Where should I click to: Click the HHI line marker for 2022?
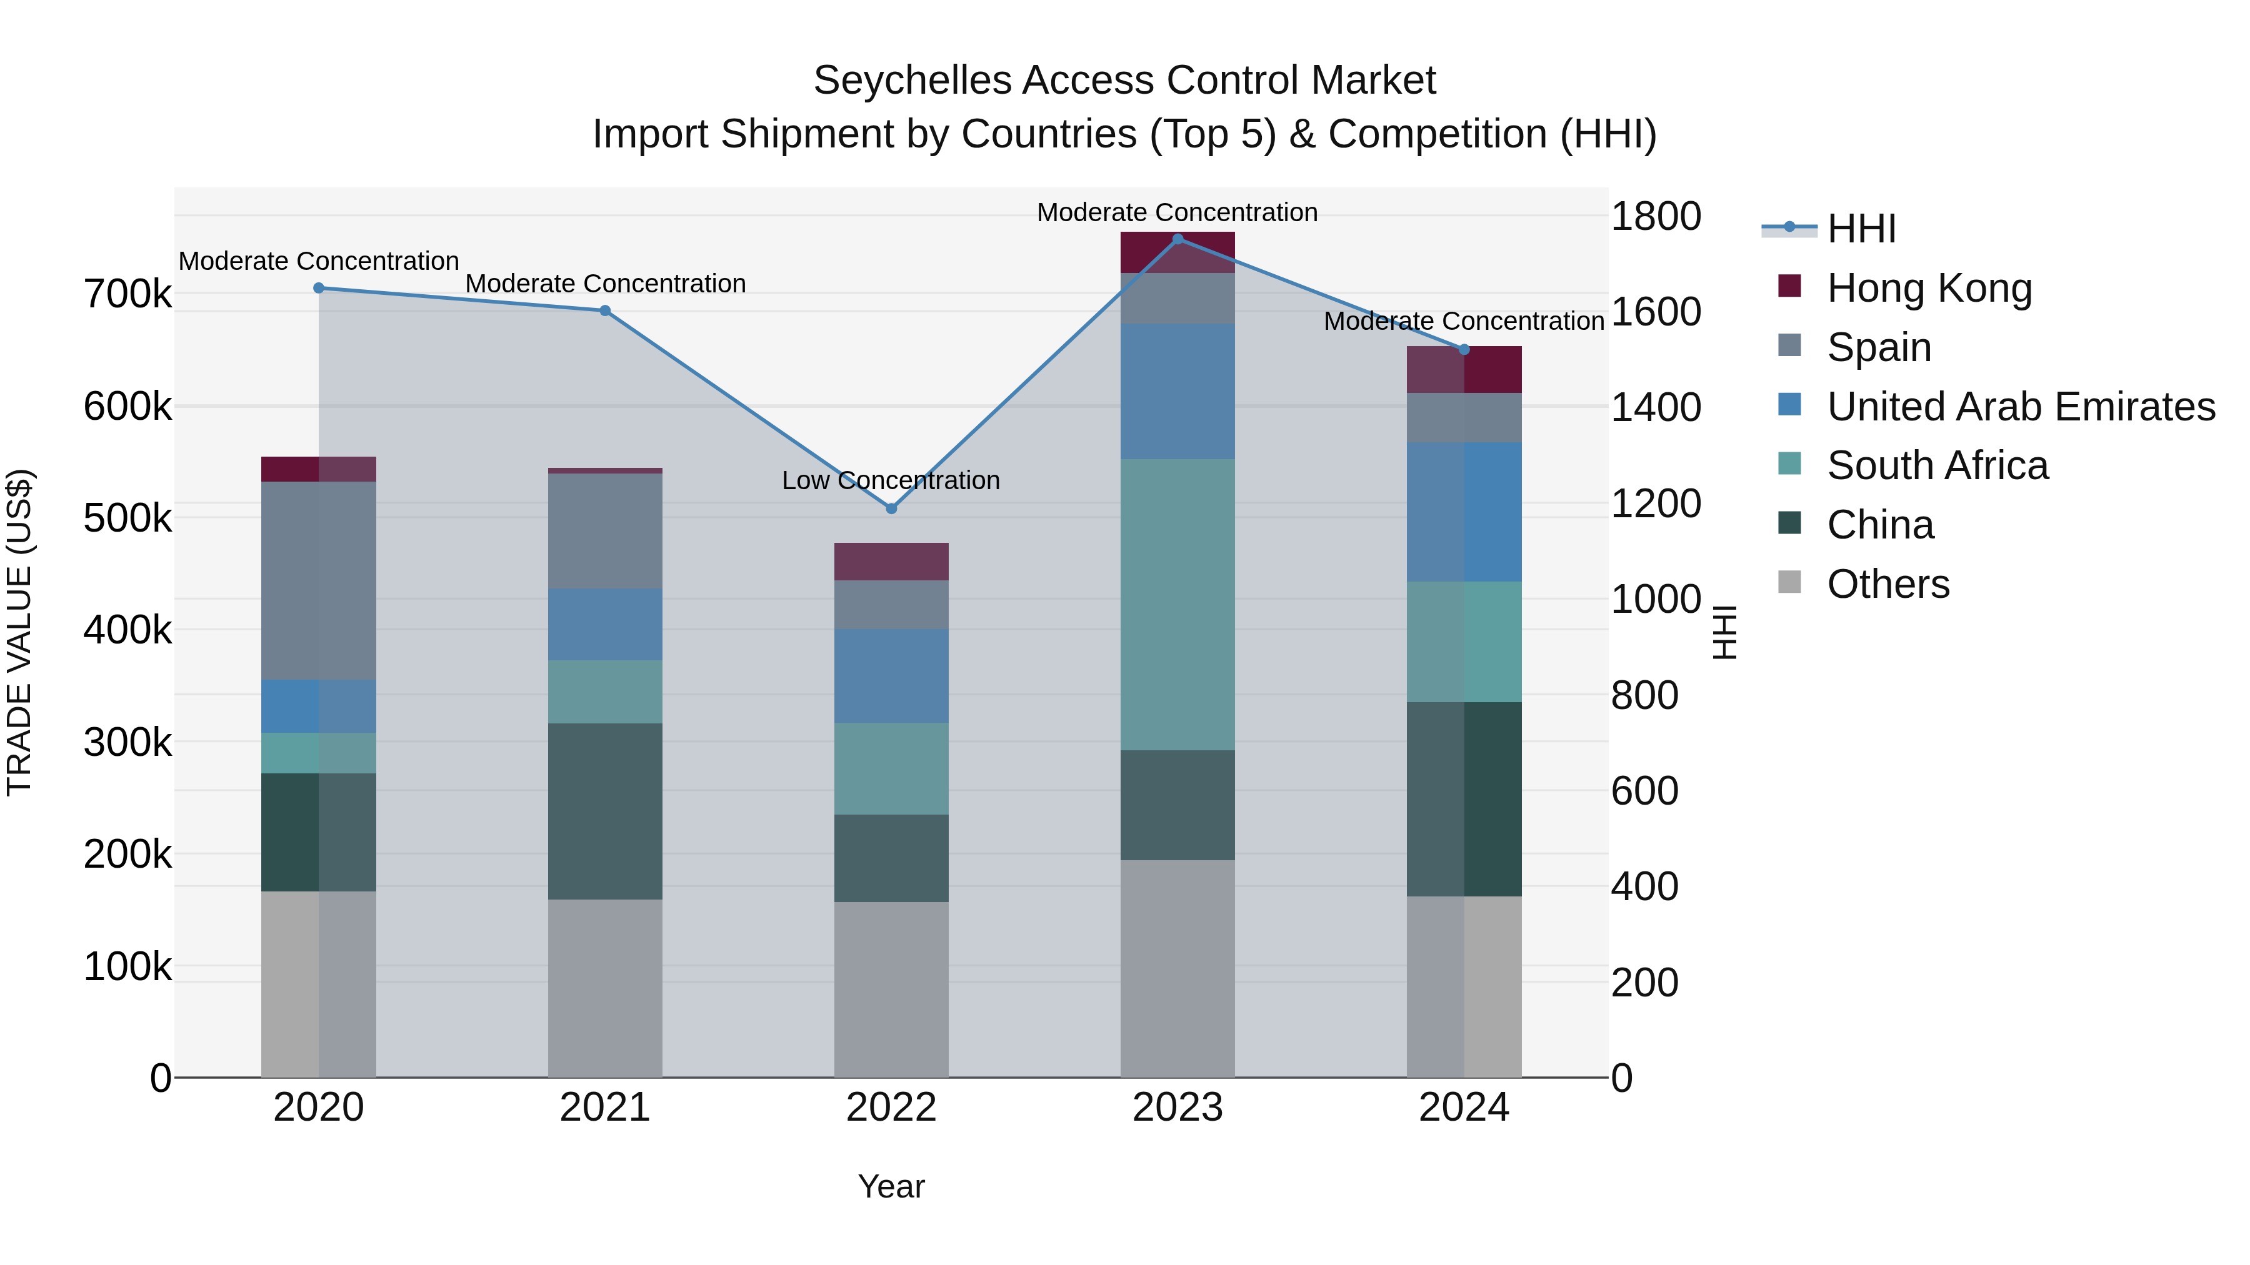(x=891, y=508)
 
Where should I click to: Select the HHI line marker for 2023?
(x=1177, y=239)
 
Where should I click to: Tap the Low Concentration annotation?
(x=890, y=480)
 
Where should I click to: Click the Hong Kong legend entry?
(x=1929, y=288)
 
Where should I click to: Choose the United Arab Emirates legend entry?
(x=2020, y=407)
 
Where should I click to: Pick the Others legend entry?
(x=1887, y=584)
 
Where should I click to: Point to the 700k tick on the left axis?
(x=127, y=294)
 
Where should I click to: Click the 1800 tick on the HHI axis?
(x=1655, y=217)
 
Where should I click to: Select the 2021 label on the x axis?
(x=604, y=1108)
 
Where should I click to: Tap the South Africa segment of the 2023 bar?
(x=1177, y=604)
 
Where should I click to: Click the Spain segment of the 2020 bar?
(x=319, y=580)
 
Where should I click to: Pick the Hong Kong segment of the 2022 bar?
(x=891, y=562)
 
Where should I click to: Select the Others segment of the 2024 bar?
(x=1464, y=986)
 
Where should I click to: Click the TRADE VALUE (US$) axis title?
(x=20, y=632)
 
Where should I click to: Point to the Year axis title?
(x=891, y=1186)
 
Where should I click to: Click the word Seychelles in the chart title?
(x=912, y=81)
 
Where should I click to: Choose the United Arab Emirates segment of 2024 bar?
(x=1464, y=512)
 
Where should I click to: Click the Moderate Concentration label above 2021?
(x=605, y=284)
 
